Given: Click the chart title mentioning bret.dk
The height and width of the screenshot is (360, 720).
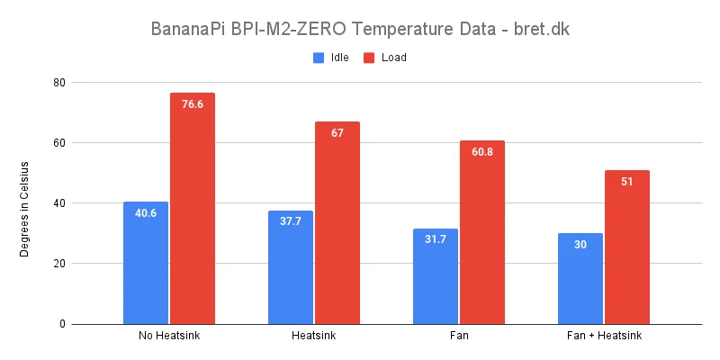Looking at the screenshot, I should pyautogui.click(x=360, y=29).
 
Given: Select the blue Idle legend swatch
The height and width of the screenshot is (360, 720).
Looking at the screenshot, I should pyautogui.click(x=319, y=58).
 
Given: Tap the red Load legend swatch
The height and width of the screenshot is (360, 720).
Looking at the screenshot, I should pyautogui.click(x=369, y=58).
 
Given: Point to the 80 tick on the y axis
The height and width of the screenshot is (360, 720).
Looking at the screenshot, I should pyautogui.click(x=61, y=83).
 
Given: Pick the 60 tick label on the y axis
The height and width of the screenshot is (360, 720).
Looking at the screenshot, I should pyautogui.click(x=61, y=143).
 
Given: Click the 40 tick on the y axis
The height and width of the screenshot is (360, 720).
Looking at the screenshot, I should pyautogui.click(x=61, y=203).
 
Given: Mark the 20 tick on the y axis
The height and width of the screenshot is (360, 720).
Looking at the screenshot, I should pyautogui.click(x=61, y=264).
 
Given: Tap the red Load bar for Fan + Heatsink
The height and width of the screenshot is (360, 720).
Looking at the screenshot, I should pyautogui.click(x=627, y=247).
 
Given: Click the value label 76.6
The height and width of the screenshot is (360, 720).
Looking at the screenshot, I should pyautogui.click(x=193, y=104).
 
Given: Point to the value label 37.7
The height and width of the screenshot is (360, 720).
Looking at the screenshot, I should pyautogui.click(x=291, y=221).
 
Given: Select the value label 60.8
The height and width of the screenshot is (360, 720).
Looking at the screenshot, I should pyautogui.click(x=482, y=152).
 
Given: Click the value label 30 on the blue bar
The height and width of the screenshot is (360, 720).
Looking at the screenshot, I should pyautogui.click(x=580, y=245).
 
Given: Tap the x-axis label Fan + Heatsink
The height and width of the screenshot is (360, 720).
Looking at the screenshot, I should pyautogui.click(x=604, y=337).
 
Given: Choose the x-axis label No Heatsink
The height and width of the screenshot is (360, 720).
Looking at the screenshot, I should pyautogui.click(x=169, y=337).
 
